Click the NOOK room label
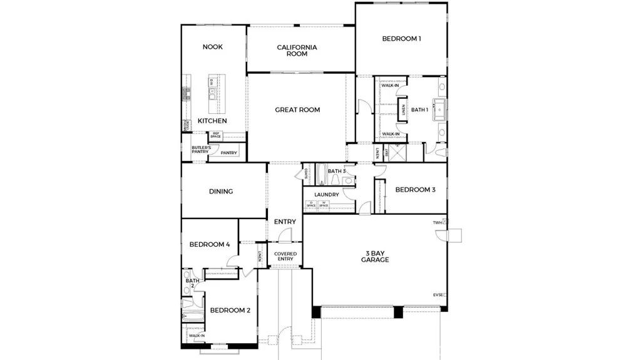tap(212, 47)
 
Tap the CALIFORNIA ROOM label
tap(297, 51)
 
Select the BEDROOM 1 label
tap(401, 39)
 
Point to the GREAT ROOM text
tap(297, 110)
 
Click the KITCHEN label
tap(212, 121)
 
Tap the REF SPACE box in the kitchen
tap(216, 135)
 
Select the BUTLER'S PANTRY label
tap(200, 149)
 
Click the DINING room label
tap(221, 192)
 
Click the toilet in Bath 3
tap(347, 181)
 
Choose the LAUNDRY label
tap(326, 195)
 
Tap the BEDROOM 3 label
tap(415, 190)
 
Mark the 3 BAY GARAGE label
tap(375, 256)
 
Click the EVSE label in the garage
tap(438, 294)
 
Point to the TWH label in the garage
tap(437, 222)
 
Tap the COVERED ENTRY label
tap(285, 256)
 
